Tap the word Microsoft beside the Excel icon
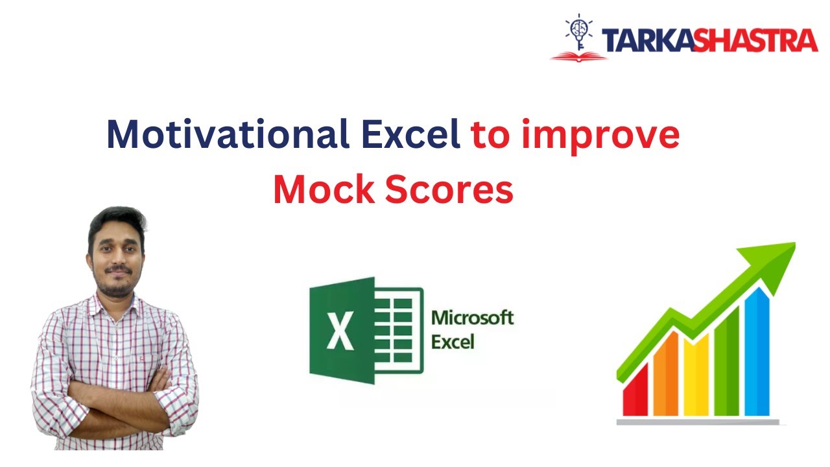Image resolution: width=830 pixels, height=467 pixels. coord(472,318)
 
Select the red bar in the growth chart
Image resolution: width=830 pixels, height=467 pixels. coord(635,393)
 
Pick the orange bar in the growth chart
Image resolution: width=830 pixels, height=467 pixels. coord(665,376)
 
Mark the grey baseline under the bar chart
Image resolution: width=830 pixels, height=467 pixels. coord(698,422)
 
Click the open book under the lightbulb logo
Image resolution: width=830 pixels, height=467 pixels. coord(578,56)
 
